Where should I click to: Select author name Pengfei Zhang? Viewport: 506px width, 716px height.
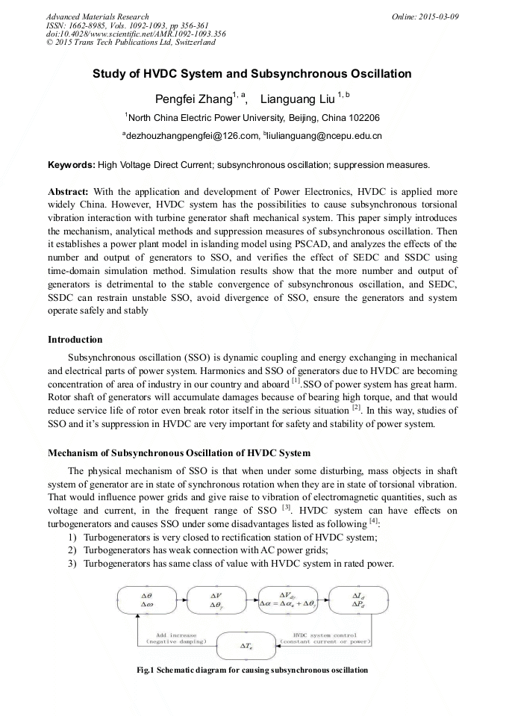pyautogui.click(x=192, y=99)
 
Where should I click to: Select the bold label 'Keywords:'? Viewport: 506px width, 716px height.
pyautogui.click(x=71, y=164)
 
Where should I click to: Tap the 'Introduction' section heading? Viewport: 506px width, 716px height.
pyautogui.click(x=75, y=340)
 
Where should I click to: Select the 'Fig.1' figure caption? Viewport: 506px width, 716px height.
pyautogui.click(x=252, y=670)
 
